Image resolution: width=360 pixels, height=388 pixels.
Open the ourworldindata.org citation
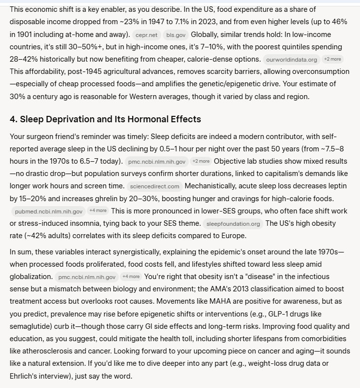291,60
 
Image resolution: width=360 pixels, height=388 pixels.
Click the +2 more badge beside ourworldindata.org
332,59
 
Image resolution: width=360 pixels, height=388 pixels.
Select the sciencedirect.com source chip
154,186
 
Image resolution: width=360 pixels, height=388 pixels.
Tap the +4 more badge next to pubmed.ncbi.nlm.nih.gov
98,211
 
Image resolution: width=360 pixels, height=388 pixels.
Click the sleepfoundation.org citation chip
233,224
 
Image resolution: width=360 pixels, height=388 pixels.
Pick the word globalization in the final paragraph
29,276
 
